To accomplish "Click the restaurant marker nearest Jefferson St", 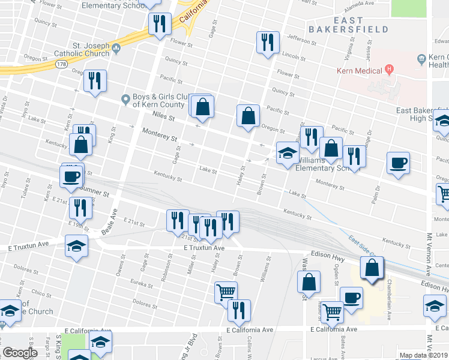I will click(x=267, y=42).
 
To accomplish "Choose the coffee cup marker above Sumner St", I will click(x=71, y=176).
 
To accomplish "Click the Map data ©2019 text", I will click(x=423, y=355).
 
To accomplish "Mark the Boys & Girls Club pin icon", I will click(x=125, y=99).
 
